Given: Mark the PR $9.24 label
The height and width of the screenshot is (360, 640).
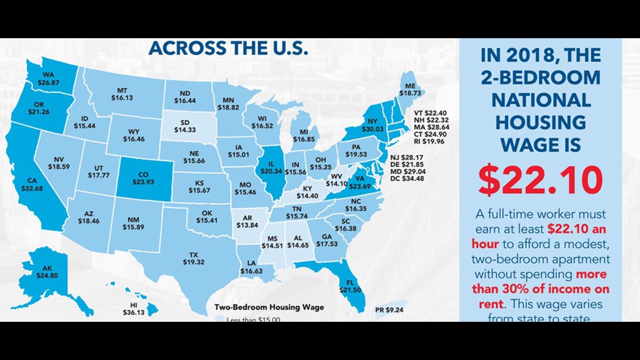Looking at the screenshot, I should (389, 309).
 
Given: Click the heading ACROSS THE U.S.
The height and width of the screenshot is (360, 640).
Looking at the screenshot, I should (228, 49).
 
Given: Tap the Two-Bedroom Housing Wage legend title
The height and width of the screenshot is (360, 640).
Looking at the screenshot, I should (269, 307).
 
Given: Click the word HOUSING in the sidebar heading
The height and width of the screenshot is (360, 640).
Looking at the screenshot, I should (540, 122).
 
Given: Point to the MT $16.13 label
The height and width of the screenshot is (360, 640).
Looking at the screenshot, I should (122, 93).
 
